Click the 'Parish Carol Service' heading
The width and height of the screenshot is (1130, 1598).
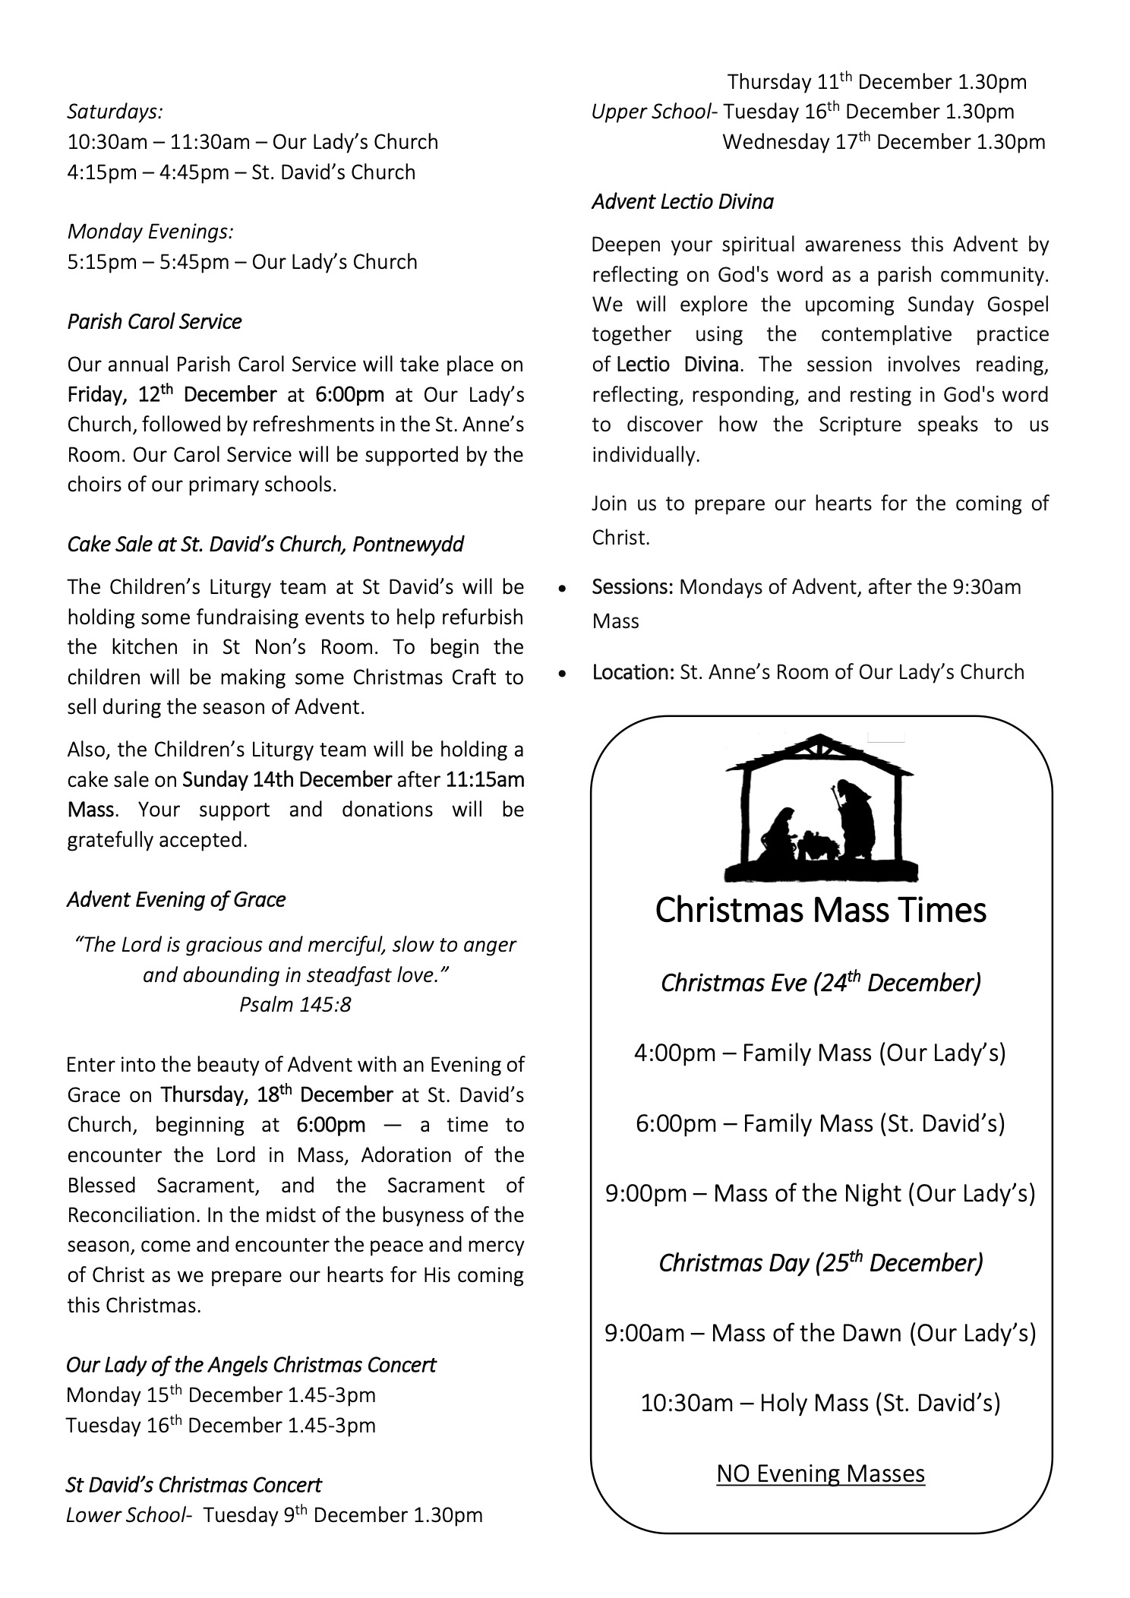[x=154, y=322]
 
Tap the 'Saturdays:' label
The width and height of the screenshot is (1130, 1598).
[x=115, y=112]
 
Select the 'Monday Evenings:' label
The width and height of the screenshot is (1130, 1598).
[x=150, y=232]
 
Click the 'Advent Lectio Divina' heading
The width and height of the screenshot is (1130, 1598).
[x=683, y=202]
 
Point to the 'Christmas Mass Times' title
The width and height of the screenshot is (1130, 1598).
[x=820, y=910]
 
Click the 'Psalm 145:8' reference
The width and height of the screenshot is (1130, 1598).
[x=295, y=1005]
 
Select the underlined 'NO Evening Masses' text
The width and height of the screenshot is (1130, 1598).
[x=820, y=1474]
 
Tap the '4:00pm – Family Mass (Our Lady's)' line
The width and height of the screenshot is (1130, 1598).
[x=820, y=1053]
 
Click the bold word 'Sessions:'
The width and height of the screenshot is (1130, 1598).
[x=633, y=587]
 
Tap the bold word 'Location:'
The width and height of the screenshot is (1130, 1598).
[x=633, y=672]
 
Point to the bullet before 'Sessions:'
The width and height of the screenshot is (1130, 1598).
[x=562, y=589]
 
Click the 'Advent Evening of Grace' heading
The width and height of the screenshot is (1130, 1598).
[x=176, y=900]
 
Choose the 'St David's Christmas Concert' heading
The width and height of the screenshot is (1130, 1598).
[x=194, y=1485]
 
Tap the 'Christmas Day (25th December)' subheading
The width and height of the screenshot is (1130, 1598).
[x=820, y=1263]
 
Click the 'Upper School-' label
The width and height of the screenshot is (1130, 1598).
[x=654, y=112]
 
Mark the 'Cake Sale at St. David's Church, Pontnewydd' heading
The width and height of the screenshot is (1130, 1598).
[x=265, y=545]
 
